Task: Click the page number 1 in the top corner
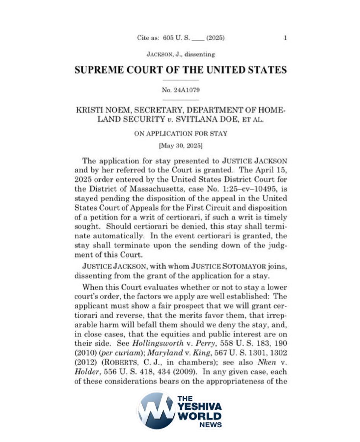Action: pyautogui.click(x=285, y=38)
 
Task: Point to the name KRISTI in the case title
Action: pyautogui.click(x=88, y=111)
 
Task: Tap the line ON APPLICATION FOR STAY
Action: pyautogui.click(x=181, y=134)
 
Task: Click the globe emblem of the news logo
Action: pyautogui.click(x=156, y=410)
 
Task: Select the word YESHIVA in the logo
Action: pyautogui.click(x=201, y=407)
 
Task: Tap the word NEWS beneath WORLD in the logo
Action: pyautogui.click(x=211, y=425)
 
